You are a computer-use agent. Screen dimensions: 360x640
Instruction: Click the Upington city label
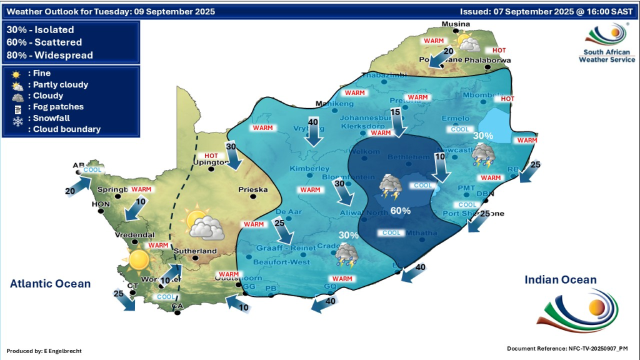click(x=211, y=162)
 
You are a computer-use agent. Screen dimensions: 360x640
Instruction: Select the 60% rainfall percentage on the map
click(x=400, y=211)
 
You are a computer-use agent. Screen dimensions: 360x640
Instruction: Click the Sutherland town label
click(x=196, y=251)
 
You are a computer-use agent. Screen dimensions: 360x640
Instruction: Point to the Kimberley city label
click(x=309, y=169)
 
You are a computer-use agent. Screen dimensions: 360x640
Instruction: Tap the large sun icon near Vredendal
click(x=139, y=258)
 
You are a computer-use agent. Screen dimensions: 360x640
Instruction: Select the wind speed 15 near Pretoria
click(x=394, y=112)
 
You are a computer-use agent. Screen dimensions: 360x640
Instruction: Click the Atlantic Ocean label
click(x=50, y=284)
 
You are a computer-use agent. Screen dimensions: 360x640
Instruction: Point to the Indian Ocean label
click(x=561, y=280)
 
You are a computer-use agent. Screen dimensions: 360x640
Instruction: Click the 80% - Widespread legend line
click(x=49, y=55)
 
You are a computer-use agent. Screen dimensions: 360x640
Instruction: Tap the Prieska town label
click(x=253, y=189)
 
